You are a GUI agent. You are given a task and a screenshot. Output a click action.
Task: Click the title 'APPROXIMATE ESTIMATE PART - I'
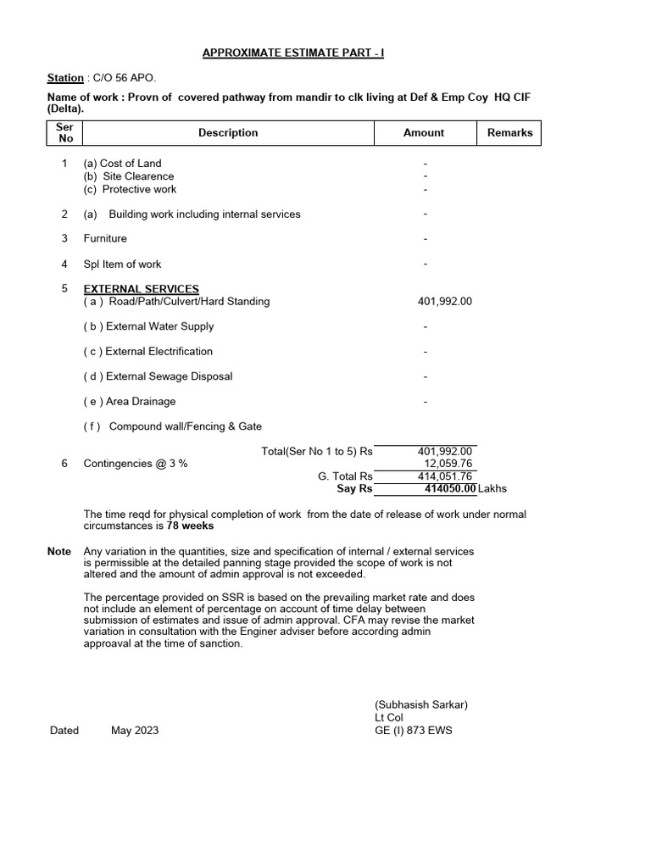pyautogui.click(x=293, y=53)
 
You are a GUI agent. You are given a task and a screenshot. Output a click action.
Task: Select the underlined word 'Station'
pyautogui.click(x=65, y=78)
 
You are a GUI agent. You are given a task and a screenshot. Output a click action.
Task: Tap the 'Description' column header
pyautogui.click(x=228, y=133)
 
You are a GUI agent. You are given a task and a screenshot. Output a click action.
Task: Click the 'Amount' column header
pyautogui.click(x=424, y=133)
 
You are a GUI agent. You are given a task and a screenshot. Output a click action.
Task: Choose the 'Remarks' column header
pyautogui.click(x=509, y=133)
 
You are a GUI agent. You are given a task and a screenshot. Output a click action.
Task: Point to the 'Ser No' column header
pyautogui.click(x=64, y=133)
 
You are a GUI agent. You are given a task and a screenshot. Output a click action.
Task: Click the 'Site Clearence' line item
pyautogui.click(x=129, y=176)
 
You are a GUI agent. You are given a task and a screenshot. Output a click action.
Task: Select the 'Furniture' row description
pyautogui.click(x=105, y=239)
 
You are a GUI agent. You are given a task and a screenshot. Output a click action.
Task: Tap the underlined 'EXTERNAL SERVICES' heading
pyautogui.click(x=142, y=289)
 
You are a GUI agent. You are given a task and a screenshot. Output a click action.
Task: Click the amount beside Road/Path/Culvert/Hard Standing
pyautogui.click(x=445, y=302)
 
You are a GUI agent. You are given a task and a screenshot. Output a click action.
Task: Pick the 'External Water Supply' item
pyautogui.click(x=148, y=326)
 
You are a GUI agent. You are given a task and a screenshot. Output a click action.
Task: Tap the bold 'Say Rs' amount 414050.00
pyautogui.click(x=450, y=489)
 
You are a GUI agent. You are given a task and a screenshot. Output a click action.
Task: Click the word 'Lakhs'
pyautogui.click(x=492, y=489)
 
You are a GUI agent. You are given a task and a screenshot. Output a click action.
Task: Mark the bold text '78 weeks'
pyautogui.click(x=190, y=526)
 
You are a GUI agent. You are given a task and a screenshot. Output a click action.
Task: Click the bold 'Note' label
pyautogui.click(x=59, y=552)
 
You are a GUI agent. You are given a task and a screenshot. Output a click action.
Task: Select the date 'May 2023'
pyautogui.click(x=134, y=731)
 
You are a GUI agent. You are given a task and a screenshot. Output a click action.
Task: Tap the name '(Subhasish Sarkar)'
pyautogui.click(x=421, y=705)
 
